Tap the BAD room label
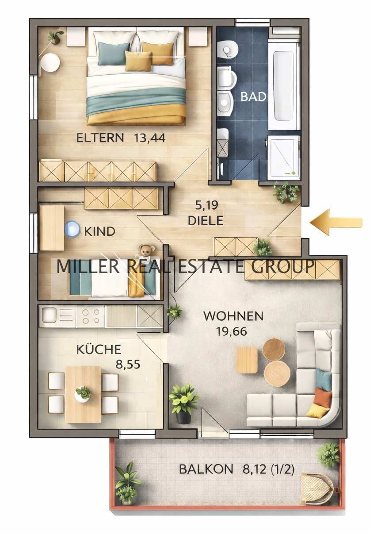coord(254,97)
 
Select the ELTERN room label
coord(100,138)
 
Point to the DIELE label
coord(205,220)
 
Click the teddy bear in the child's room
coord(145,251)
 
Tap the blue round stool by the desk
coord(72,230)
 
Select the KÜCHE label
coord(99,350)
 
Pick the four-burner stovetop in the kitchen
coord(90,316)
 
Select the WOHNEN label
coord(233,316)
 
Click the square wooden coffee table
coord(247,359)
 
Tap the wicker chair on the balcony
coord(317,488)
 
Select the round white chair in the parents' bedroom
coord(51,63)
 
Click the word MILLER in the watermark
coord(88,266)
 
